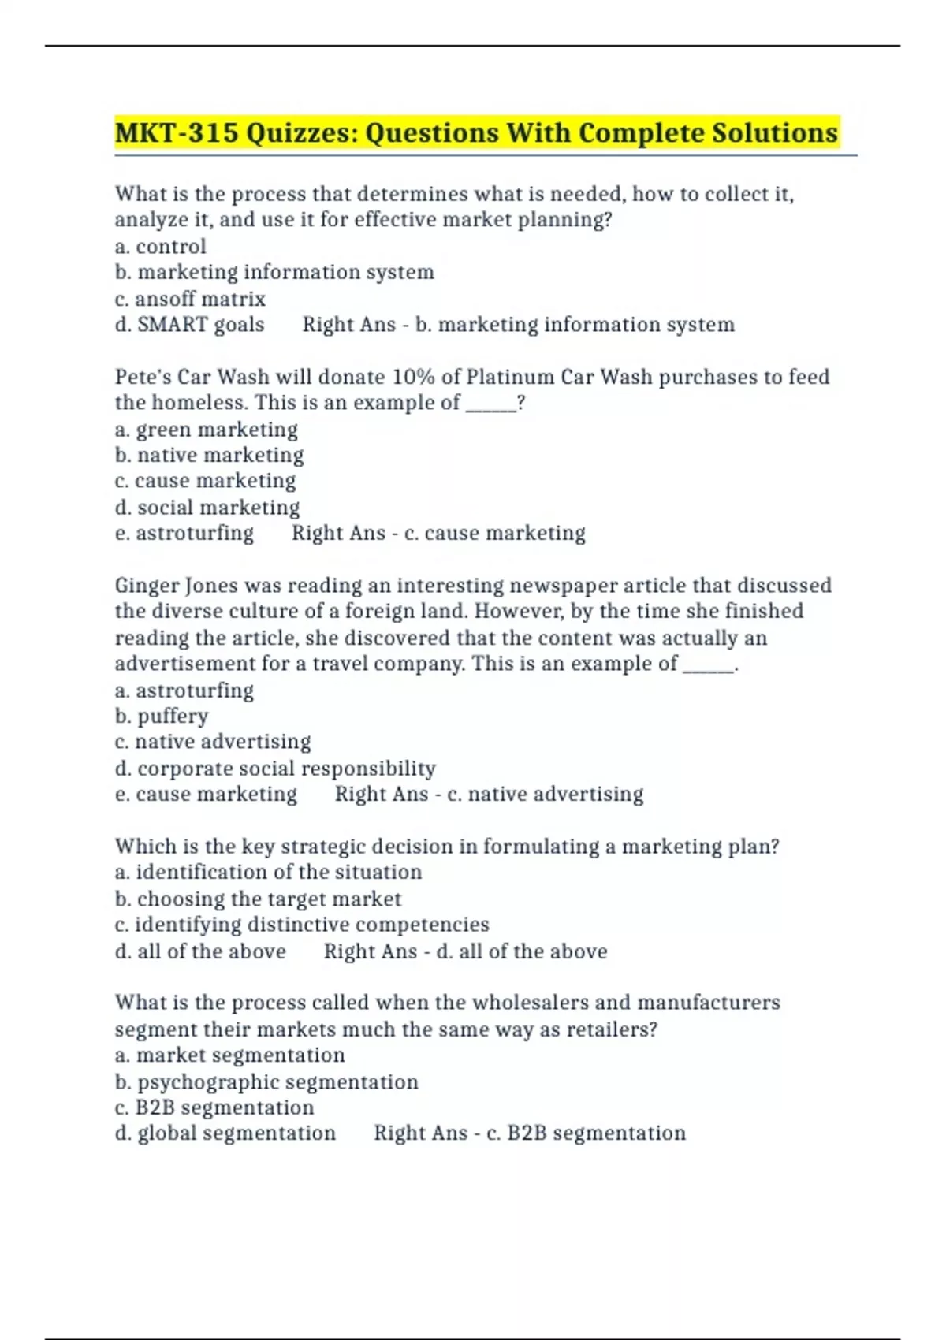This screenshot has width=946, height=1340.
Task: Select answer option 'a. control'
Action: (160, 247)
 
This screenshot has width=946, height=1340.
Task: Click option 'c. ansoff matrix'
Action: (190, 300)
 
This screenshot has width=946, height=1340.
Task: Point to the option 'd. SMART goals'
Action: (189, 325)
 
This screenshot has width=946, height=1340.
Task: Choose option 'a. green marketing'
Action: (206, 430)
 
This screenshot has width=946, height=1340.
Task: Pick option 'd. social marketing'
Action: (207, 508)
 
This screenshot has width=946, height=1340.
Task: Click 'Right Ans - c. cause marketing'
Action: (438, 534)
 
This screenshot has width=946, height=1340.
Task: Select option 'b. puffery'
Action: (162, 717)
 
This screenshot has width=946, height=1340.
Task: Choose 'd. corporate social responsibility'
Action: (275, 769)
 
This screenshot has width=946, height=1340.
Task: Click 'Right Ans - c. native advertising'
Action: (489, 795)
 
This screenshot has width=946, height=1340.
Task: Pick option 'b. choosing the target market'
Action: (258, 899)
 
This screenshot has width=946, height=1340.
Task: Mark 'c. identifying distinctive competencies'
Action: (302, 925)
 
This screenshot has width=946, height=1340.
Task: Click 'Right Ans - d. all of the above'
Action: (465, 951)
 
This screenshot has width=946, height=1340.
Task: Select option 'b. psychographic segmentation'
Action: (266, 1082)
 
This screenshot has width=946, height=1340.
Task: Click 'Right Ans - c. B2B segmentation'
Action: (529, 1133)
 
